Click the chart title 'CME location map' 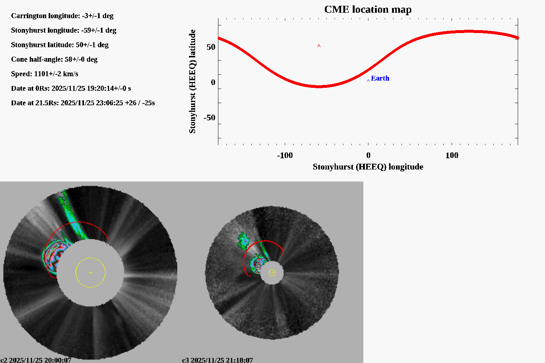(x=368, y=9)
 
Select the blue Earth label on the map (x=380, y=78)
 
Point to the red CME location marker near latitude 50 (x=319, y=46)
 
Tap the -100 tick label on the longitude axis (x=284, y=155)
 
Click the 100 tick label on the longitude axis (x=452, y=155)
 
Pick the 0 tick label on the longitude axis (x=368, y=155)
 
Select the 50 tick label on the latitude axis (x=211, y=47)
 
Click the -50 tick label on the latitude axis (x=209, y=118)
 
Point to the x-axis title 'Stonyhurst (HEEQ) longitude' (x=368, y=167)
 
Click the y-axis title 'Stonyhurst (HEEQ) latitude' (x=193, y=81)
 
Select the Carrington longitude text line (x=62, y=16)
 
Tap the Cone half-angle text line (x=54, y=59)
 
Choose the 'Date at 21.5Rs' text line (x=83, y=103)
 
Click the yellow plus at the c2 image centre (x=90, y=272)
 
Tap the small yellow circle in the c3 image (x=272, y=272)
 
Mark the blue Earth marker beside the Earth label (x=368, y=81)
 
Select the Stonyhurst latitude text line (x=60, y=45)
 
